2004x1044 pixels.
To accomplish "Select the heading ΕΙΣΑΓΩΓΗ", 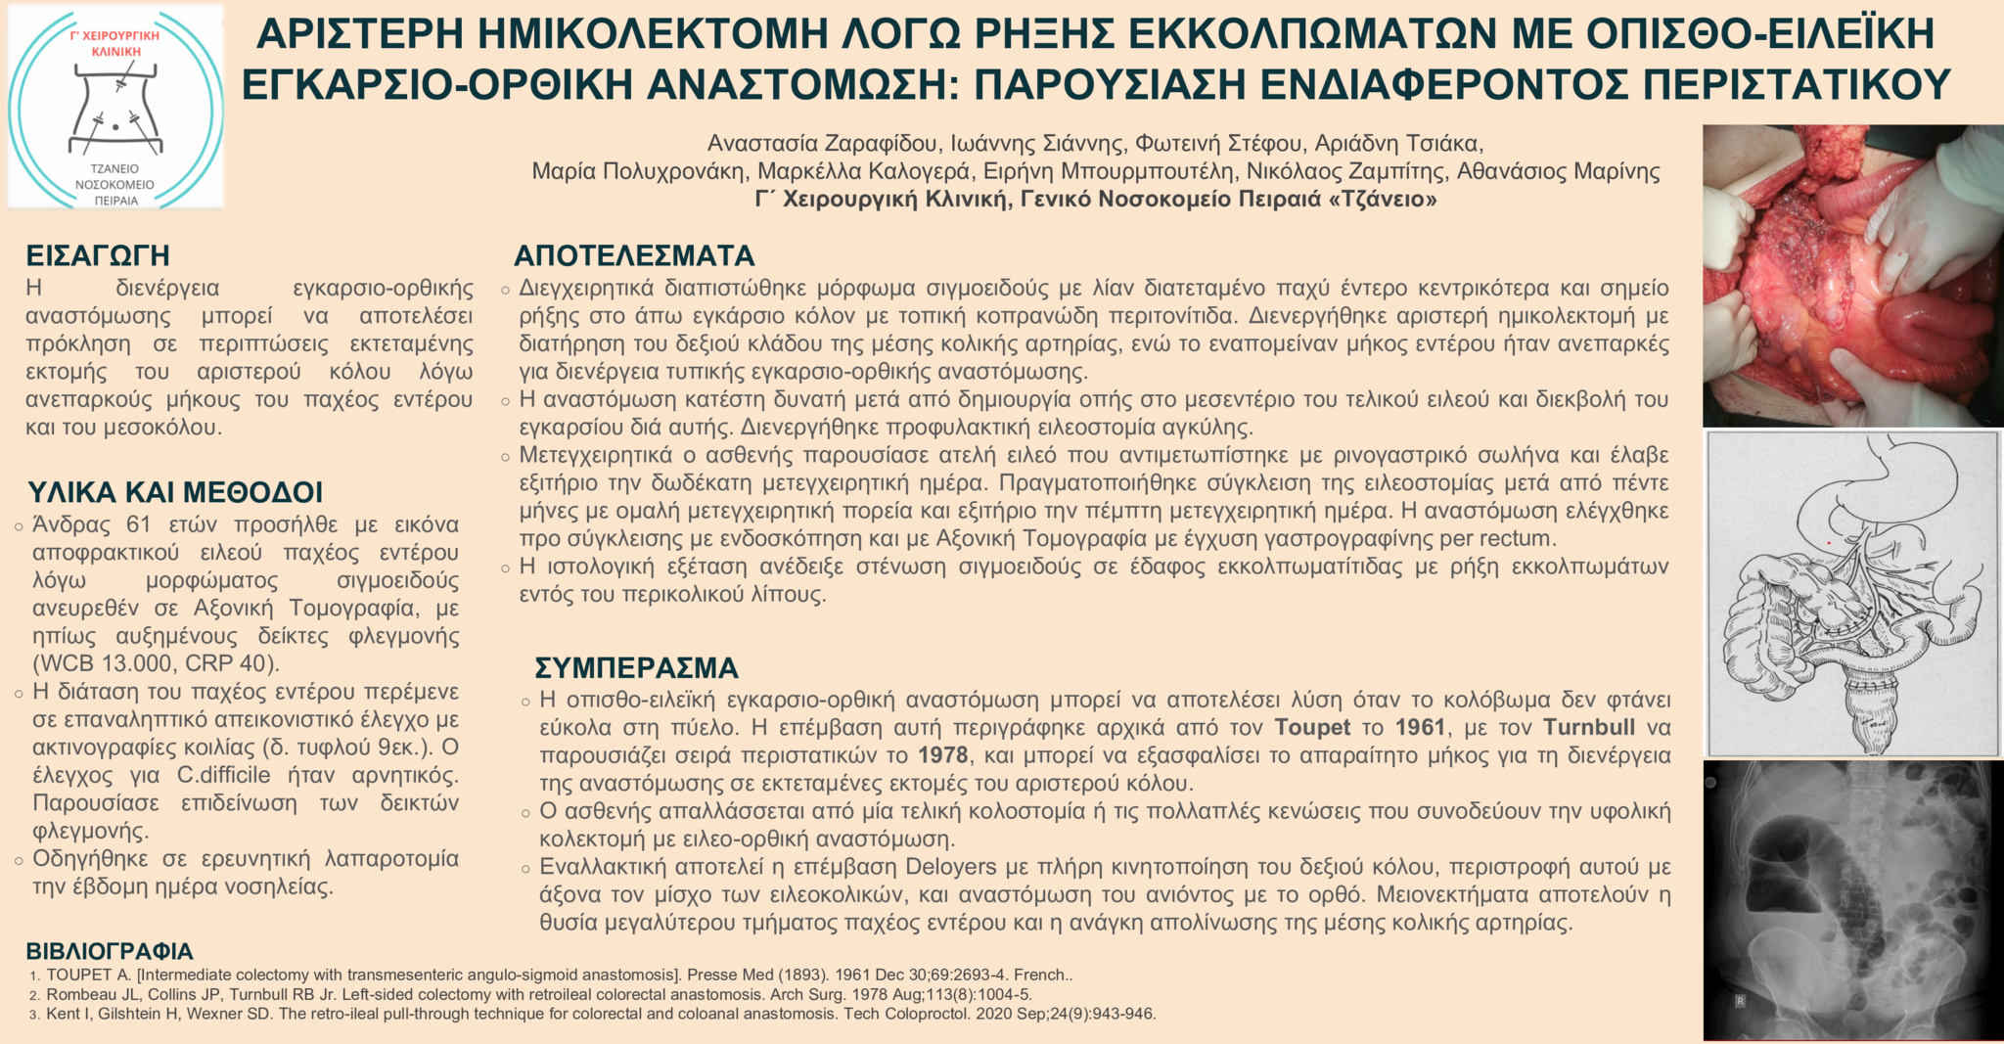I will click(98, 255).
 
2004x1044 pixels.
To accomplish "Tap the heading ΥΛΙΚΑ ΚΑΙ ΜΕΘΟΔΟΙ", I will click(175, 491).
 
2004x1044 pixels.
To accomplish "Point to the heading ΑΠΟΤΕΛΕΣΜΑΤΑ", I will click(634, 256).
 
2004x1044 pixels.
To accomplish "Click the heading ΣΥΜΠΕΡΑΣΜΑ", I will click(636, 668).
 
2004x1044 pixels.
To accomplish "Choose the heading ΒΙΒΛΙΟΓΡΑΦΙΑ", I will click(110, 951).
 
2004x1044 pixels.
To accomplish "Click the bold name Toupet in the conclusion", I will click(1312, 728).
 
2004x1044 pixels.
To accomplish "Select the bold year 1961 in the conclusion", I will click(1420, 728).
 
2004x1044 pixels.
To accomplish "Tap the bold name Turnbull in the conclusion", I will click(1589, 728).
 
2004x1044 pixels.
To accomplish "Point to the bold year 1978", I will click(942, 755).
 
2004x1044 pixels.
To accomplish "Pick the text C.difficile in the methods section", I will click(223, 776).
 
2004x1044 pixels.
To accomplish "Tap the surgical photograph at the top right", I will click(1852, 275).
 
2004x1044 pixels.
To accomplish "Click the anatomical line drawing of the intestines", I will click(1852, 594).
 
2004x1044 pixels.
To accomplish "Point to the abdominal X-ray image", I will click(1852, 900).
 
